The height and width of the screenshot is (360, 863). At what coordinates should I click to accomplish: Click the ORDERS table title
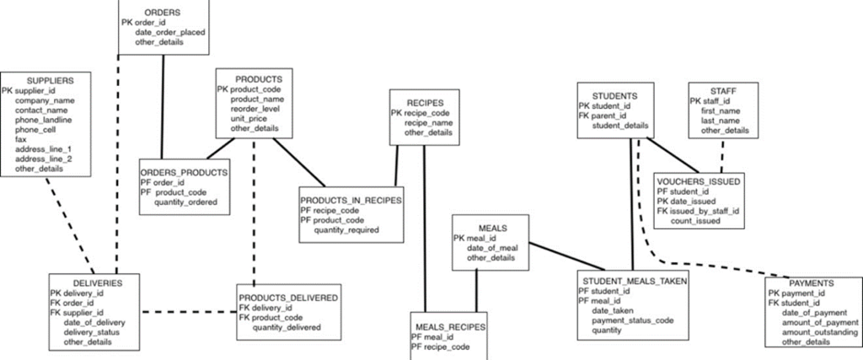163,12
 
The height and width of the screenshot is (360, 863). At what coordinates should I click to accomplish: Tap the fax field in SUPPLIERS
21,139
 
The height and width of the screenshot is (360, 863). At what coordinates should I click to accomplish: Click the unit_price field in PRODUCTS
249,119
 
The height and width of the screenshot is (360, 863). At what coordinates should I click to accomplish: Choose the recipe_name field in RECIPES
428,123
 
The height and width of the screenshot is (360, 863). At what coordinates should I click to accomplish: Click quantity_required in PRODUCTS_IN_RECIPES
346,230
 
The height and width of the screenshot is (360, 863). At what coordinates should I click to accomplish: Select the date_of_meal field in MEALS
492,248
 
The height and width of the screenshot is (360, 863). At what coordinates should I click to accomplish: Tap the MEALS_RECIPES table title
448,327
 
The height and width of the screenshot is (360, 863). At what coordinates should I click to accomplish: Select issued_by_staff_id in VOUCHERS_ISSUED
705,211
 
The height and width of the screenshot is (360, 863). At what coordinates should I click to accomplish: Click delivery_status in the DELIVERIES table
91,332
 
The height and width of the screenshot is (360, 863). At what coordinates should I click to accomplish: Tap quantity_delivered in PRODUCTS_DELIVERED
287,327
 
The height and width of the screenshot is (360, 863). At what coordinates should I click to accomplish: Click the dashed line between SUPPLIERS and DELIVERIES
67,225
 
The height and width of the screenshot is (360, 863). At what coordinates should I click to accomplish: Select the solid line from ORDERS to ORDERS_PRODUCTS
162,106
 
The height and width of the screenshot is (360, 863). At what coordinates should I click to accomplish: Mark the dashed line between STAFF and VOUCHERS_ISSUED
722,156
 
